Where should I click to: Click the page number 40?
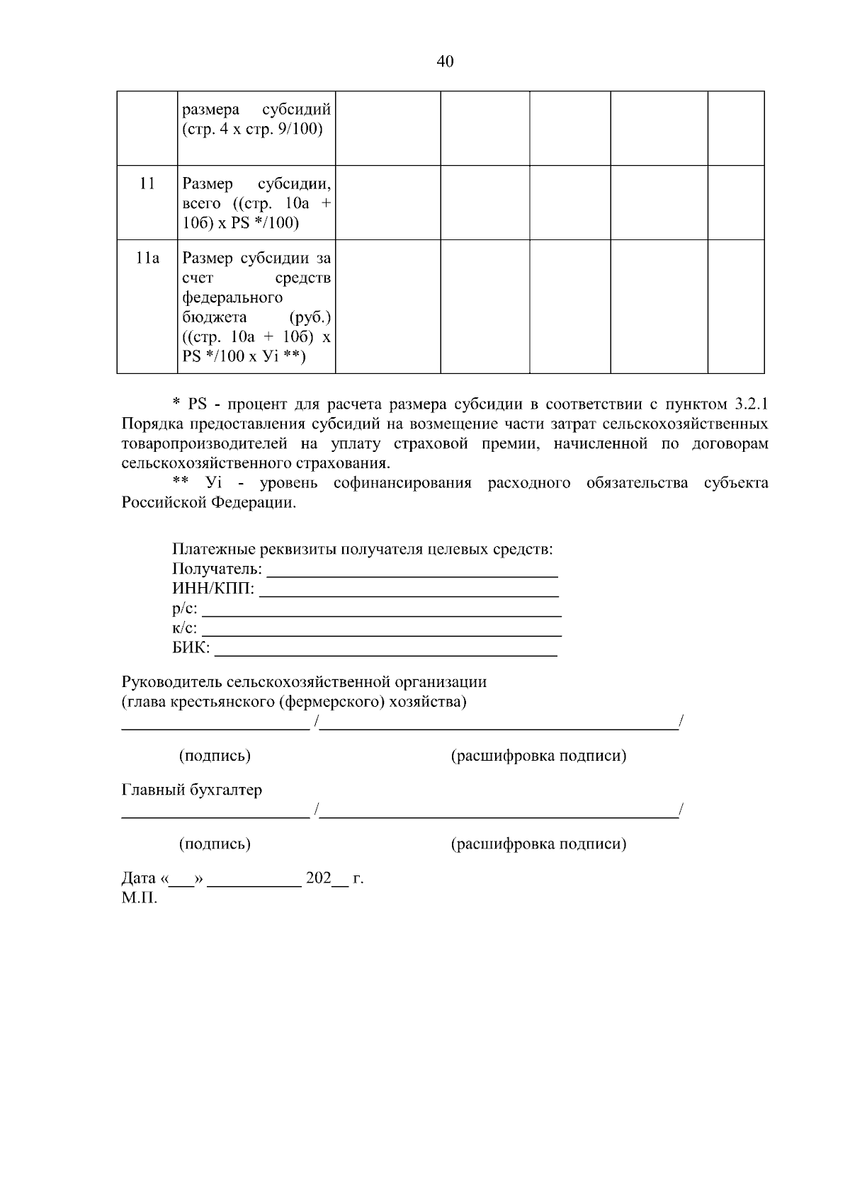445,62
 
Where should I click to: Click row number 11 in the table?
147,183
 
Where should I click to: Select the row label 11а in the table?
147,259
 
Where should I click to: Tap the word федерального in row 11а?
232,297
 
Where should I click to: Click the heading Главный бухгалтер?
191,790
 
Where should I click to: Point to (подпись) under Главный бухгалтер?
215,844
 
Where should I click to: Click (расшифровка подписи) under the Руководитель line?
538,756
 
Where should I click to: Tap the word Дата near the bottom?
138,878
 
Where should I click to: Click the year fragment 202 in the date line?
318,878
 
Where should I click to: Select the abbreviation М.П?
139,898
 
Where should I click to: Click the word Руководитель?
171,682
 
